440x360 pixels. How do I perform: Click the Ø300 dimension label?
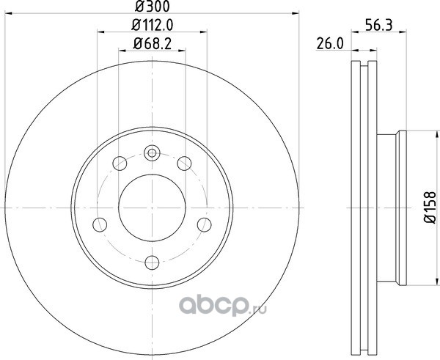tap(153, 7)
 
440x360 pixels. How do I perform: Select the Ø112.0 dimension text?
tap(153, 26)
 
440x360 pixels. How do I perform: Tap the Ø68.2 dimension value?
tap(153, 44)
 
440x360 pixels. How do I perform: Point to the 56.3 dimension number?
tap(379, 25)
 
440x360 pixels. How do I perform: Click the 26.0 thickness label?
tap(330, 44)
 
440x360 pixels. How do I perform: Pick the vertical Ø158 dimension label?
tap(430, 207)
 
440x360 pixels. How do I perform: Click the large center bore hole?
tap(152, 207)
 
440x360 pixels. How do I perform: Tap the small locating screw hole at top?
tap(152, 153)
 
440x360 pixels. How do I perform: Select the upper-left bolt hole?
tap(120, 164)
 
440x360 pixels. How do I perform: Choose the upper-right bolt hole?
tap(184, 164)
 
